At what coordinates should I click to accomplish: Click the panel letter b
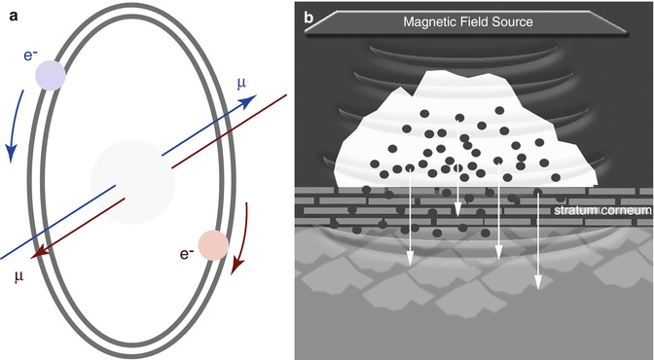309,16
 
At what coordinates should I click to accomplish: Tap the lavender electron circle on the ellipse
49,76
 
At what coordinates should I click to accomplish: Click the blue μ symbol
241,86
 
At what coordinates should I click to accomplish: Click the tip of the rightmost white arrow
536,289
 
